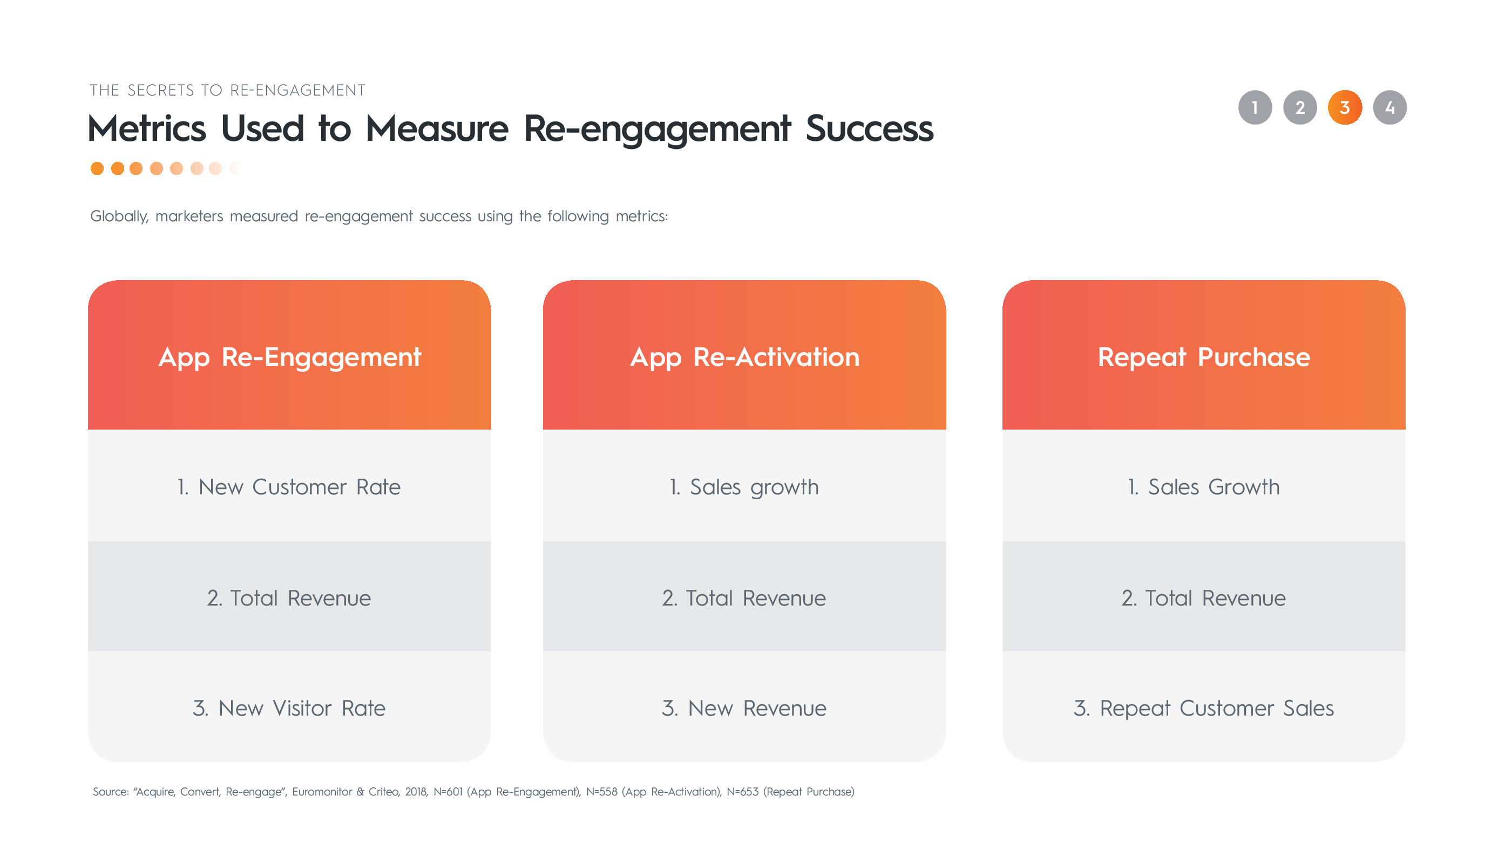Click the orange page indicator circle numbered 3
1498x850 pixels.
pyautogui.click(x=1345, y=107)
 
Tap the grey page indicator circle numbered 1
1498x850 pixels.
pyautogui.click(x=1255, y=107)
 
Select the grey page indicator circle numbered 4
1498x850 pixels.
pyautogui.click(x=1389, y=107)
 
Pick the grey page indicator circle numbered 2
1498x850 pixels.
pyautogui.click(x=1300, y=107)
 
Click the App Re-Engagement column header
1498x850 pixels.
pyautogui.click(x=289, y=355)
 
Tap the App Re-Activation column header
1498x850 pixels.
pyautogui.click(x=744, y=355)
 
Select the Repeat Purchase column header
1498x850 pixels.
pyautogui.click(x=1204, y=355)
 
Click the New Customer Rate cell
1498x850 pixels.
pyautogui.click(x=289, y=486)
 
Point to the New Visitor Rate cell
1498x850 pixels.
pyautogui.click(x=289, y=707)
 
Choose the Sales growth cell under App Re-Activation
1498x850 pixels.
pyautogui.click(x=744, y=486)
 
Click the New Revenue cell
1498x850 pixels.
pyautogui.click(x=744, y=707)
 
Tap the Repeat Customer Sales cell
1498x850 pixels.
pyautogui.click(x=1204, y=707)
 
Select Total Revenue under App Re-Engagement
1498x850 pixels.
pyautogui.click(x=289, y=597)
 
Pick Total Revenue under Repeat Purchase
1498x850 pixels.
pyautogui.click(x=1204, y=597)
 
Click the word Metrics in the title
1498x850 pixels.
pyautogui.click(x=147, y=128)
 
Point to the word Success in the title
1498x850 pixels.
pyautogui.click(x=869, y=128)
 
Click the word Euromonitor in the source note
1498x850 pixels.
pyautogui.click(x=322, y=792)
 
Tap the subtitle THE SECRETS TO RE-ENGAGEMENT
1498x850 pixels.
pyautogui.click(x=228, y=91)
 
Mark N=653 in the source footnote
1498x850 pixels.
pyautogui.click(x=743, y=792)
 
